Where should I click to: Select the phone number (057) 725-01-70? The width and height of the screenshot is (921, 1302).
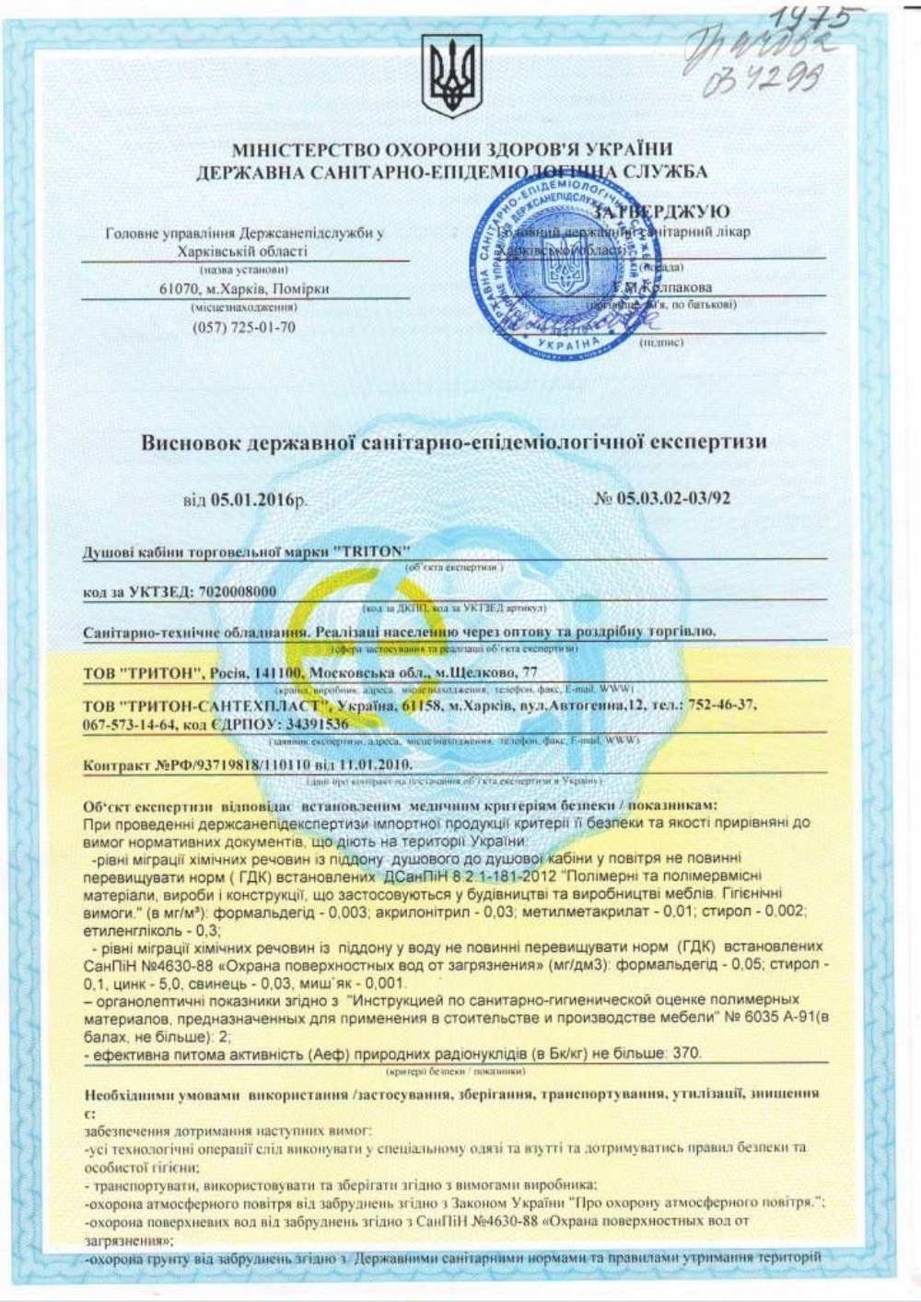click(244, 327)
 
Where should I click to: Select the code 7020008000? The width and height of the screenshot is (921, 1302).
click(233, 591)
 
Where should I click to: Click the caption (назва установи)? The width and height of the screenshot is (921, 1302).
click(244, 270)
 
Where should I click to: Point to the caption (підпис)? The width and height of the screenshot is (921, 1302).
click(660, 342)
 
